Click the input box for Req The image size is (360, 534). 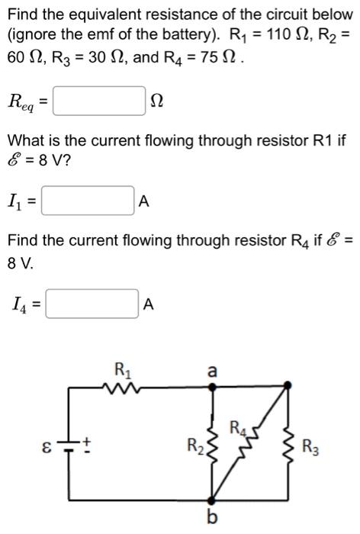click(99, 101)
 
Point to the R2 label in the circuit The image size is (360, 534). click(195, 444)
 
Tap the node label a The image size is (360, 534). click(212, 371)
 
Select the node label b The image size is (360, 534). click(213, 519)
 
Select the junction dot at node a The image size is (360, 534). click(213, 388)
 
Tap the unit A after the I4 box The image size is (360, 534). click(149, 305)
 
